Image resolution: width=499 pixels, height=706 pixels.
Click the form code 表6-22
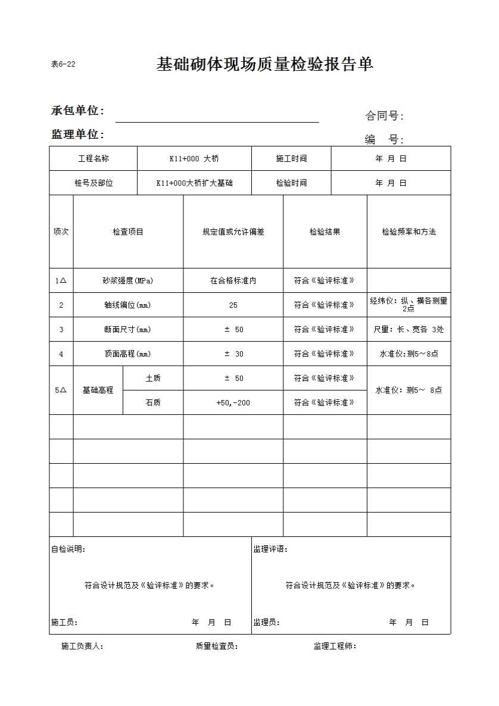click(63, 64)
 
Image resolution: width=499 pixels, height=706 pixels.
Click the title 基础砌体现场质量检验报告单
click(265, 64)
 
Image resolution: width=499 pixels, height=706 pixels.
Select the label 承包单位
click(77, 111)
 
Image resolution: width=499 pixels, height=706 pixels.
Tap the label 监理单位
click(77, 135)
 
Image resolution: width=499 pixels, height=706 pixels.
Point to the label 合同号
click(384, 116)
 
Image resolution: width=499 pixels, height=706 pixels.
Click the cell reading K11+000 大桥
click(194, 159)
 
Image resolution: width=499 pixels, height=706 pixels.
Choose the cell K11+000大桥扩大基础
click(194, 183)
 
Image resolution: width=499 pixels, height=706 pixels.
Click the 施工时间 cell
click(291, 159)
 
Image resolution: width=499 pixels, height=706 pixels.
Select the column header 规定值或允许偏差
click(233, 232)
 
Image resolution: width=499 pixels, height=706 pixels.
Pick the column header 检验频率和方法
click(408, 232)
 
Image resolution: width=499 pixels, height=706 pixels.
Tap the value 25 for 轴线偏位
click(233, 305)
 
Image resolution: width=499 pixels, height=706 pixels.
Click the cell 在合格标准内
click(233, 281)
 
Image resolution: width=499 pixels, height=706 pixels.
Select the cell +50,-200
click(233, 403)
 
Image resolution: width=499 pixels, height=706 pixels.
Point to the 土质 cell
click(153, 379)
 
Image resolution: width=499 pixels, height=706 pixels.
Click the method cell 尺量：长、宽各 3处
click(408, 330)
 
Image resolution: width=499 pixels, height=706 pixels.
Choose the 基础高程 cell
click(98, 391)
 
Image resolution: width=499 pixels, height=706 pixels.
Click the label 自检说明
click(68, 549)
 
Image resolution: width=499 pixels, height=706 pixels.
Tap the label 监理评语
click(270, 549)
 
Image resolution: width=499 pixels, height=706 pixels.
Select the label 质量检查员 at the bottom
click(217, 646)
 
